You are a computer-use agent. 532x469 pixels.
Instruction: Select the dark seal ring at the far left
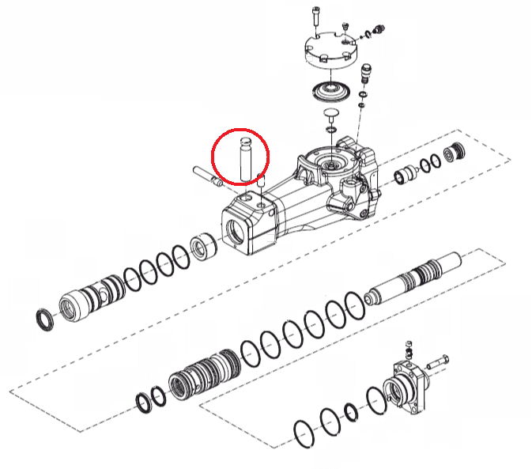pyautogui.click(x=47, y=319)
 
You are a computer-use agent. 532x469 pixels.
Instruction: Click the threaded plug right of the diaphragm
pyautogui.click(x=366, y=76)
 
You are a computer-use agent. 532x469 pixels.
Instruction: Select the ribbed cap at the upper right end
pyautogui.click(x=455, y=153)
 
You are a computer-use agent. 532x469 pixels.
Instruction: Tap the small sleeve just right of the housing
pyautogui.click(x=405, y=175)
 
